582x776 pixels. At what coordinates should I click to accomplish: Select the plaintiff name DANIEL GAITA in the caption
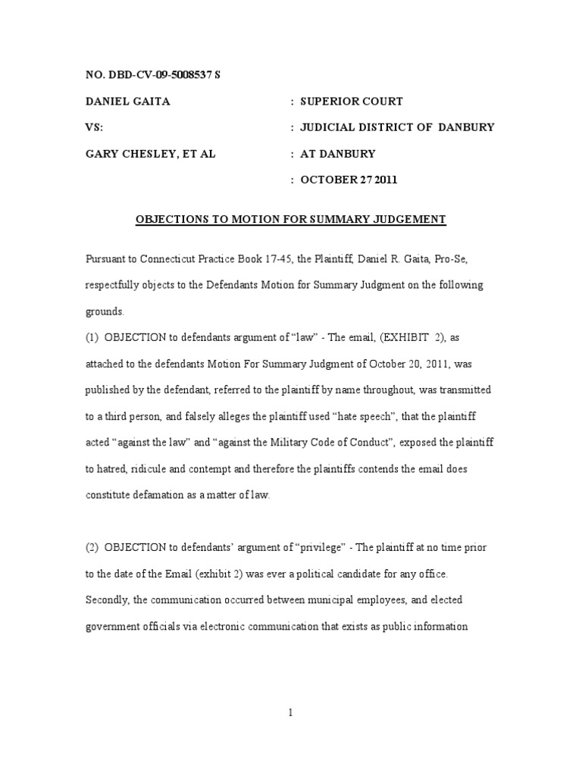pyautogui.click(x=127, y=102)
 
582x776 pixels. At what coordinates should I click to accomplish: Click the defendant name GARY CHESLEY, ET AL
pyautogui.click(x=150, y=154)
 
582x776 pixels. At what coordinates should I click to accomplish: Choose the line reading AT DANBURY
pyautogui.click(x=337, y=154)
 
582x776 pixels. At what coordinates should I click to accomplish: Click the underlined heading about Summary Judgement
pyautogui.click(x=291, y=220)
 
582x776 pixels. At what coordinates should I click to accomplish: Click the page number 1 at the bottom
pyautogui.click(x=291, y=712)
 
